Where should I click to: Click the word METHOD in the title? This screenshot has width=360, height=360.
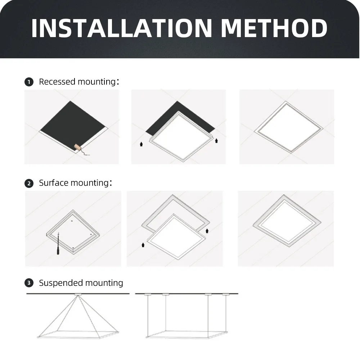point(274,28)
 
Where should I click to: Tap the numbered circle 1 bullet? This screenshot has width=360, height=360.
point(29,82)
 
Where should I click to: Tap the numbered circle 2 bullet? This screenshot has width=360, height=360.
point(29,183)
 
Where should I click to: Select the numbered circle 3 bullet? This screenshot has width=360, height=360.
point(29,283)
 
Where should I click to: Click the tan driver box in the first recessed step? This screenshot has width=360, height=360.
point(77,147)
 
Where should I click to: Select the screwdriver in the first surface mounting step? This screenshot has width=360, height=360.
point(58,247)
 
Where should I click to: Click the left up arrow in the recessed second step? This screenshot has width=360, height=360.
point(141,144)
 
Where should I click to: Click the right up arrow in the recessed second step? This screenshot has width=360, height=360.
point(216,140)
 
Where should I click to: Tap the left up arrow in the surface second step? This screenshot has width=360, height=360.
point(143,245)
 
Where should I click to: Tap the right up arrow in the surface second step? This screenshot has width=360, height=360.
point(207,230)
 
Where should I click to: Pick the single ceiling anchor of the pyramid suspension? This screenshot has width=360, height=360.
point(78,295)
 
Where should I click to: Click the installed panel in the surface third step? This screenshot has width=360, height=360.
point(287,221)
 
